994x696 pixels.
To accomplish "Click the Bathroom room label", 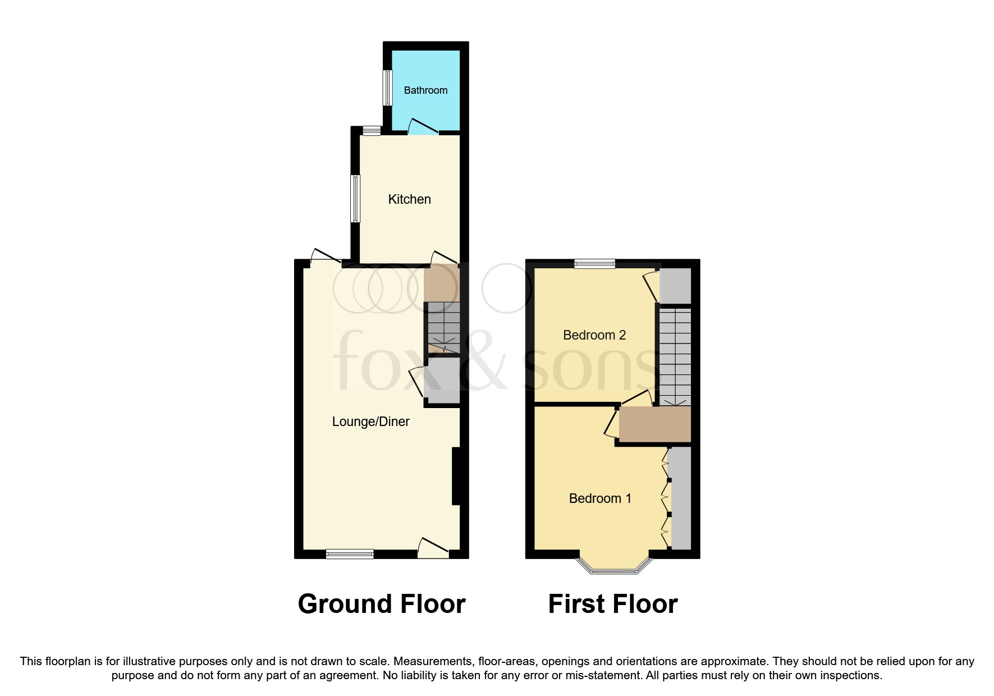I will pos(425,90).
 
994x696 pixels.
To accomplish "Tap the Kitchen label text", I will pos(409,199).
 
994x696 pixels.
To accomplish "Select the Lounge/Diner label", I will pos(370,422).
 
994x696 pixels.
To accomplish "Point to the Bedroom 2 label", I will pos(594,335).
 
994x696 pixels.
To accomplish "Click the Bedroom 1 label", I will pos(600,498).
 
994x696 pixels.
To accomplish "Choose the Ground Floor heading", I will pos(382,604).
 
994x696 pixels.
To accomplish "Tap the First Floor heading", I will pos(613,604).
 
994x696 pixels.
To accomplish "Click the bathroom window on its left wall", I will pos(387,88).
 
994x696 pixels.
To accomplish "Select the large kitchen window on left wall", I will pos(355,199).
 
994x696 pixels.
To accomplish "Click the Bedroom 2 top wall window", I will pos(594,263).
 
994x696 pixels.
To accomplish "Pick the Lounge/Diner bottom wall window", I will pos(350,554).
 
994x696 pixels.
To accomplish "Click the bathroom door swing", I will pos(423,127).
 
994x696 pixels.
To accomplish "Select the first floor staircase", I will pos(675,356).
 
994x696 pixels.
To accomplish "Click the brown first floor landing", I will pos(654,424).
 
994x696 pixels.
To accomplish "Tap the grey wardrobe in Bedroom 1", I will pos(681,497).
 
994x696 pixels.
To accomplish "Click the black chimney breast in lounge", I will pos(456,476).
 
